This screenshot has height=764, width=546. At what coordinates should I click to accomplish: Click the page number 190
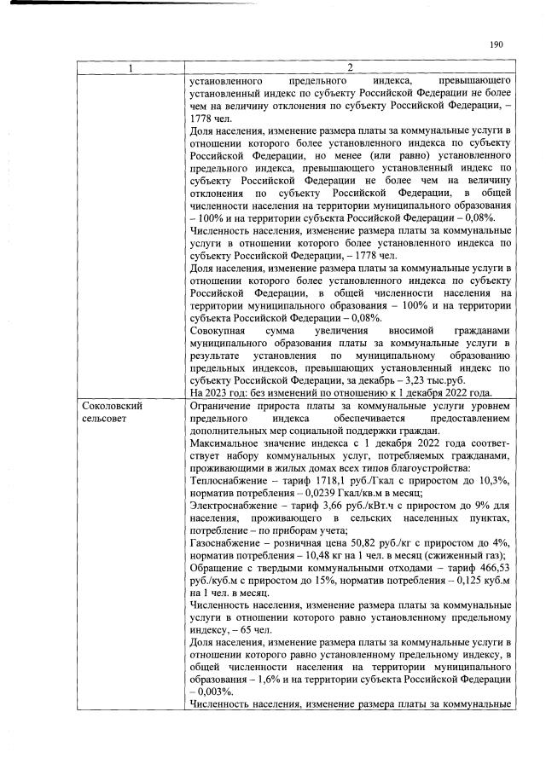pyautogui.click(x=497, y=45)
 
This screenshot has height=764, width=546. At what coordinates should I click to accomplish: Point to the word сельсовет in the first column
pyautogui.click(x=107, y=420)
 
